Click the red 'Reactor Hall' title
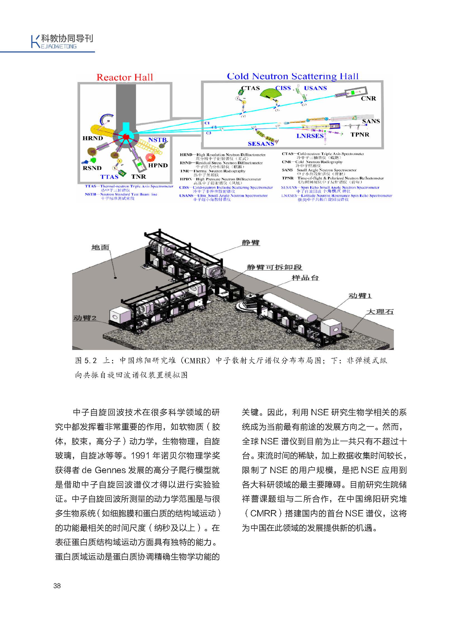click(x=125, y=77)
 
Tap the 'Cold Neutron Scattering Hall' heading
click(x=292, y=76)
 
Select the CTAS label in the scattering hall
click(x=250, y=88)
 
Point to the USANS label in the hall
click(x=315, y=88)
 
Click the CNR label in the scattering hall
click(x=368, y=98)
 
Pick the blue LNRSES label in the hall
click(x=310, y=136)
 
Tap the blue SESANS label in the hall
click(x=261, y=144)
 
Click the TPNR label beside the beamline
click(x=360, y=135)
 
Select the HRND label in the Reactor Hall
click(x=92, y=138)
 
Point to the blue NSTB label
click(x=157, y=140)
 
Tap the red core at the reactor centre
click(x=126, y=137)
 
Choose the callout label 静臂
click(x=251, y=242)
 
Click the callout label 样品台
click(x=305, y=278)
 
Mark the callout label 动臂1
click(x=360, y=295)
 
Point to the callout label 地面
click(x=100, y=247)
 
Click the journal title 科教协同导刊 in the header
click(x=67, y=38)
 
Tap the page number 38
click(x=57, y=586)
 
